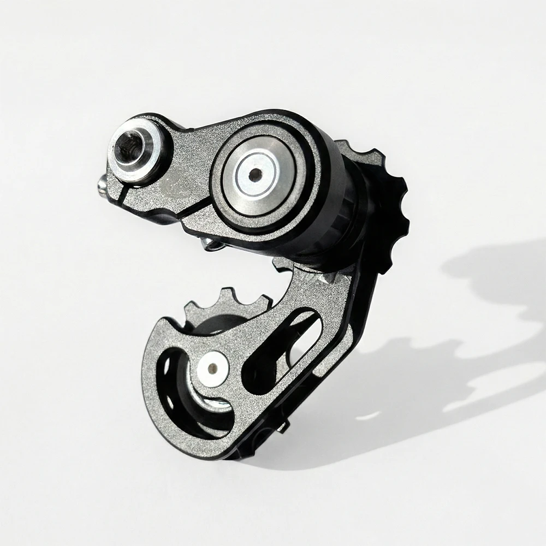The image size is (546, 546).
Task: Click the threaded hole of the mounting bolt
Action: click(132, 146)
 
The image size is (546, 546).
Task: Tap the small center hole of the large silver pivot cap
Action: click(255, 175)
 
